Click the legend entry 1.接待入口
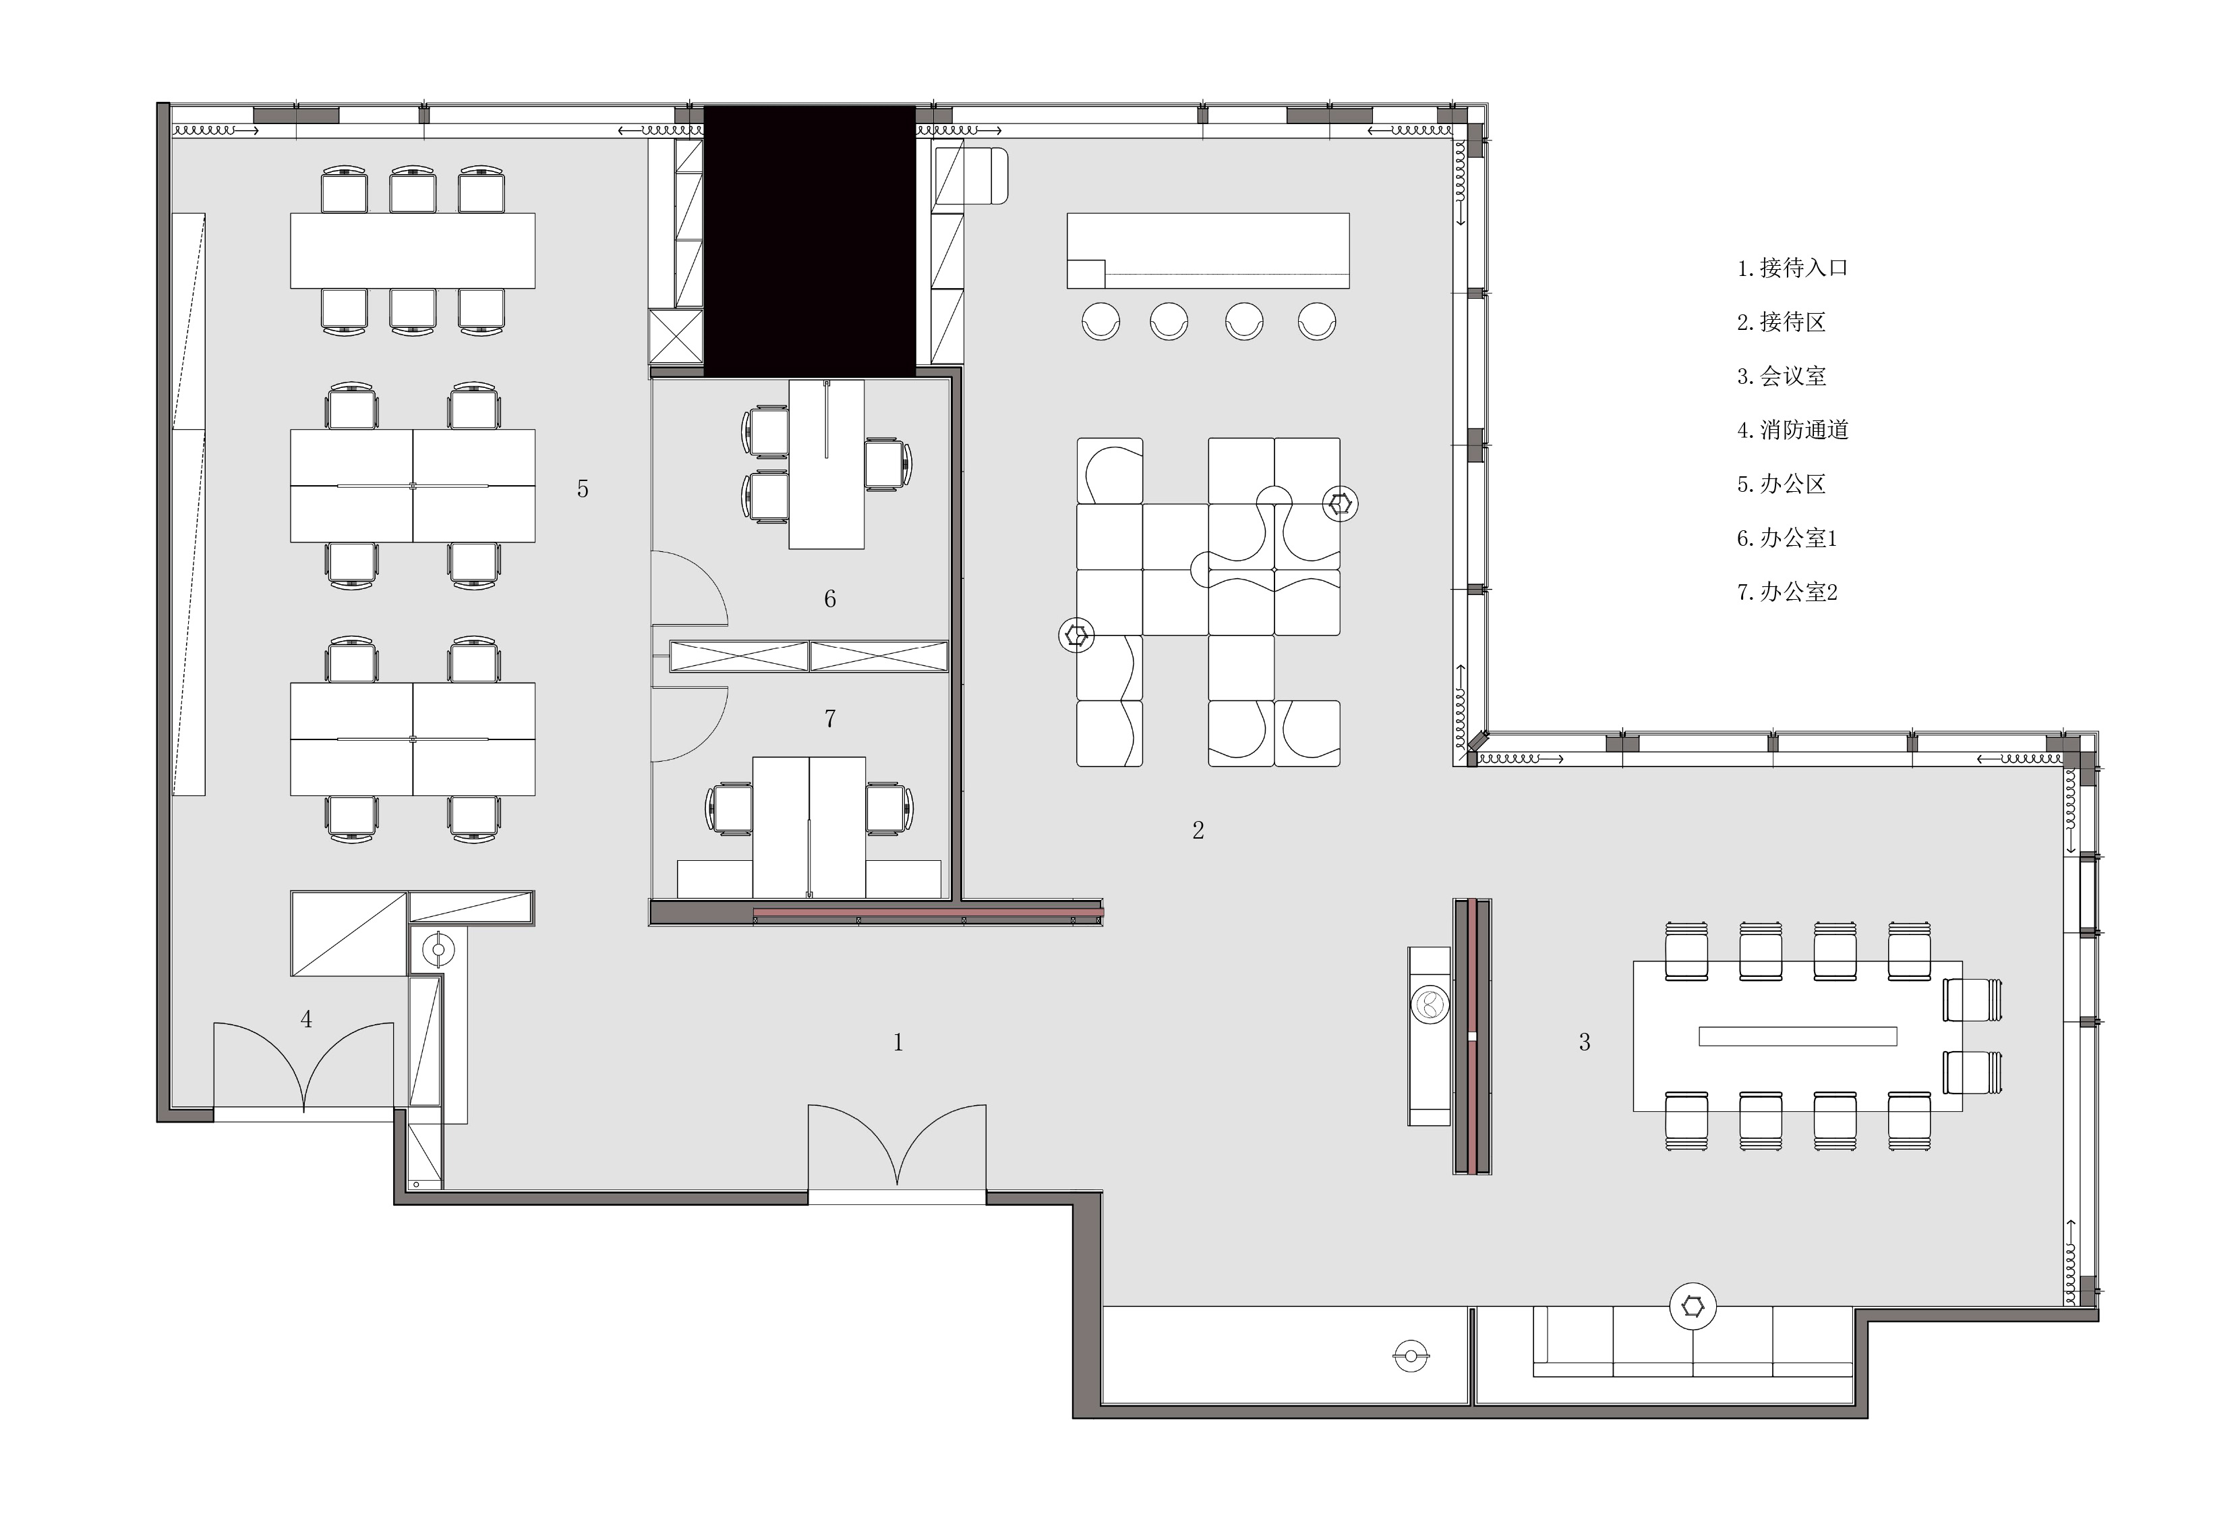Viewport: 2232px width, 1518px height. pyautogui.click(x=1792, y=268)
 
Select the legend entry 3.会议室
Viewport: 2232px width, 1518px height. pyautogui.click(x=1782, y=376)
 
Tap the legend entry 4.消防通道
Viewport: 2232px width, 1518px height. pyautogui.click(x=1792, y=430)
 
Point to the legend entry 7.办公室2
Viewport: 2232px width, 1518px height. pyautogui.click(x=1786, y=592)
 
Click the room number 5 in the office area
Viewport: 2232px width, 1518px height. pyautogui.click(x=582, y=489)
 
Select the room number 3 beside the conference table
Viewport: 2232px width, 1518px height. pyautogui.click(x=1585, y=1042)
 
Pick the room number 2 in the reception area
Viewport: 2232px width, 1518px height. pyautogui.click(x=1198, y=830)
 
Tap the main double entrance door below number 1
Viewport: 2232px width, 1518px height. pyautogui.click(x=897, y=1153)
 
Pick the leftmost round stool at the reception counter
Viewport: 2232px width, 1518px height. pyautogui.click(x=1100, y=321)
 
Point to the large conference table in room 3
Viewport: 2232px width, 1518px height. pyautogui.click(x=1798, y=1036)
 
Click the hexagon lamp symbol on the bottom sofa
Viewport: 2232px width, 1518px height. pyautogui.click(x=1693, y=1307)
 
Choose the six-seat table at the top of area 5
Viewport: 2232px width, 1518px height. pyautogui.click(x=413, y=251)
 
